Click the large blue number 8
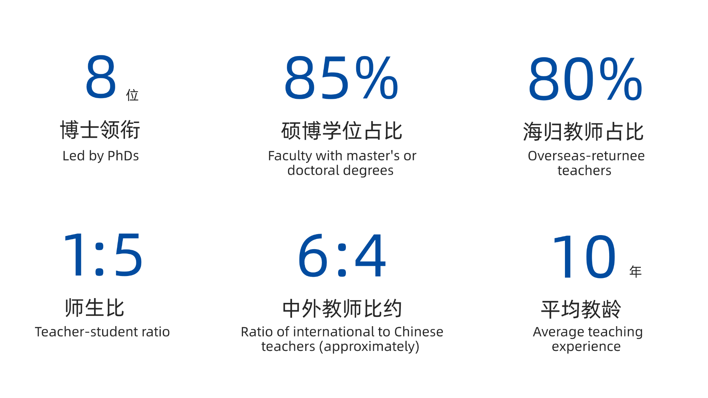pos(101,77)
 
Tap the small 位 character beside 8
pos(132,95)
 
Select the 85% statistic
pos(341,77)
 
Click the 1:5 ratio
pos(103,255)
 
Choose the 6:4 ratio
pos(342,255)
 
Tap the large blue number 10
pos(584,257)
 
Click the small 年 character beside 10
pos(635,272)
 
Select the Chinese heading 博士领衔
pos(100,130)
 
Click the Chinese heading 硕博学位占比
pos(341,131)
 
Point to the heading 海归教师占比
pos(583,132)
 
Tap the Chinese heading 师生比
pos(95,308)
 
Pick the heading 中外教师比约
pos(342,308)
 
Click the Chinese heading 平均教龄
pos(581,309)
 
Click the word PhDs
pos(123,156)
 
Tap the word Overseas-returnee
pos(586,156)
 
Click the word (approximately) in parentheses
pos(369,347)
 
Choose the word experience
pos(586,347)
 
